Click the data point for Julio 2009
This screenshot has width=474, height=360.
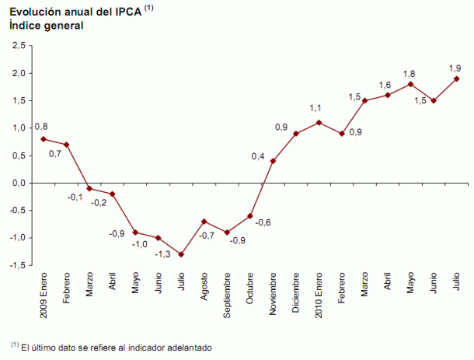coord(181,254)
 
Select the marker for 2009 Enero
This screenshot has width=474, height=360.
coord(44,139)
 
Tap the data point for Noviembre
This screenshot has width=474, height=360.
coord(273,161)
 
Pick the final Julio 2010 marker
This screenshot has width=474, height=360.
coord(456,79)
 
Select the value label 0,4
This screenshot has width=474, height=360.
coord(257,156)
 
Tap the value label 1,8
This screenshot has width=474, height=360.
coord(410,74)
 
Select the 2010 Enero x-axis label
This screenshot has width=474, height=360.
coord(319,295)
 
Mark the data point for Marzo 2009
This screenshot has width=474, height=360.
coord(89,188)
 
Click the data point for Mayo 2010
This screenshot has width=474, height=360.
coord(410,84)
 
